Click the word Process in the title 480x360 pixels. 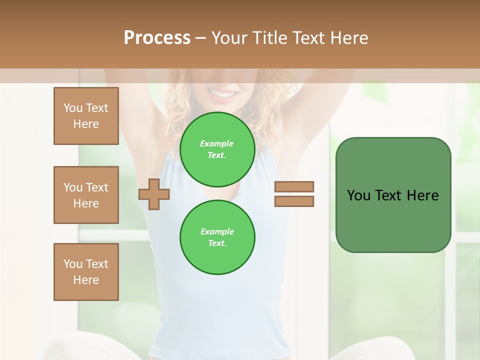coord(157,38)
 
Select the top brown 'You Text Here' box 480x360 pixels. coord(86,116)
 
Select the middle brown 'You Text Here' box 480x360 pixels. coord(86,195)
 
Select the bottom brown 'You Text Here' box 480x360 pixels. coord(86,272)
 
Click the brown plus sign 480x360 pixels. coord(154,194)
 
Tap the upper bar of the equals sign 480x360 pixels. coord(294,186)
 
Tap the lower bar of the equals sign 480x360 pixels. coord(294,201)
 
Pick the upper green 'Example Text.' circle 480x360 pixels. coord(217,149)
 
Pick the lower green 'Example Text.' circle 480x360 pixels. coord(217,237)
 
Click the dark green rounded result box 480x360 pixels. coord(393,220)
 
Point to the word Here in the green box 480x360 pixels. coord(422,195)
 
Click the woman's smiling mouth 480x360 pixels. coord(223,93)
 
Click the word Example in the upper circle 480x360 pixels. coord(217,143)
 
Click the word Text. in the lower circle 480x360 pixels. coord(217,243)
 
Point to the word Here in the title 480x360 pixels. coord(349,38)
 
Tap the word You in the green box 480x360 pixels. coord(359,195)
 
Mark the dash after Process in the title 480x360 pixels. coord(201,38)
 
